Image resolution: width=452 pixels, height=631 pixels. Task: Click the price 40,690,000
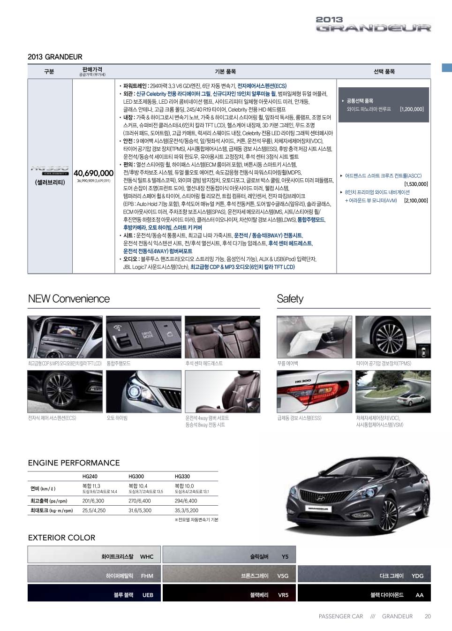coord(93,173)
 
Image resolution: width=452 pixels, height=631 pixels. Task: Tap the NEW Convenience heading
coord(68,299)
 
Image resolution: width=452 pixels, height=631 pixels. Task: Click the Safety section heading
coord(290,299)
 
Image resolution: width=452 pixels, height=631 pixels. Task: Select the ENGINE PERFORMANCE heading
coord(74,463)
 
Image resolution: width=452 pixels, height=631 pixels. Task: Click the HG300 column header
coord(136,476)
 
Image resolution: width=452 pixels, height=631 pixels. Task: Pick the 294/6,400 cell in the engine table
coord(186,501)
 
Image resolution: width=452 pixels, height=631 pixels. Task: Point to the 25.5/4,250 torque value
coord(94,510)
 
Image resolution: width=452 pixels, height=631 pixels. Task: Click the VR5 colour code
coord(283,595)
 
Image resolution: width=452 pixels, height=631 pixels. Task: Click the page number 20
coord(427,616)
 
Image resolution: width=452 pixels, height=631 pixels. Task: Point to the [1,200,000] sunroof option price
coord(412,109)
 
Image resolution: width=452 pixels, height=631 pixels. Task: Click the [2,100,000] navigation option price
coord(415,200)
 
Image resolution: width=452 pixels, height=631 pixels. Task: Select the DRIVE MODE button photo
coord(143,337)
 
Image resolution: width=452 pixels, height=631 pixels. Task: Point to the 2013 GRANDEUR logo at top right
coord(373,24)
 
